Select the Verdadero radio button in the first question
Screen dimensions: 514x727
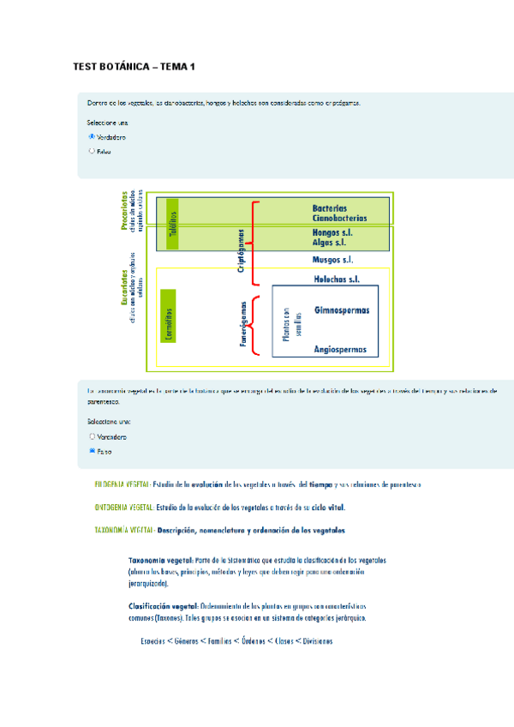92,135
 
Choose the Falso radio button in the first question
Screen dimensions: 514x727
92,151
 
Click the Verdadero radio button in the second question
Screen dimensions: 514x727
92,436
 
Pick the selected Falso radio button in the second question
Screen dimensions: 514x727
92,450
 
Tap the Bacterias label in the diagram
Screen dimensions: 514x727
330,207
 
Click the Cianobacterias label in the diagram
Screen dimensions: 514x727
340,219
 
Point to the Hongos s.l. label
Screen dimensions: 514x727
333,232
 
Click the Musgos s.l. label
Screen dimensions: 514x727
333,259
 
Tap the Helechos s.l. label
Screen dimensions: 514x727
336,279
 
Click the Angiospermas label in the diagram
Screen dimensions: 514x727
340,349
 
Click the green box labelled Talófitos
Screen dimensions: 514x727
172,223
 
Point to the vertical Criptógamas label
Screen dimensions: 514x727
242,249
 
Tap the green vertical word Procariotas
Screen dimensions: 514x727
125,211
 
